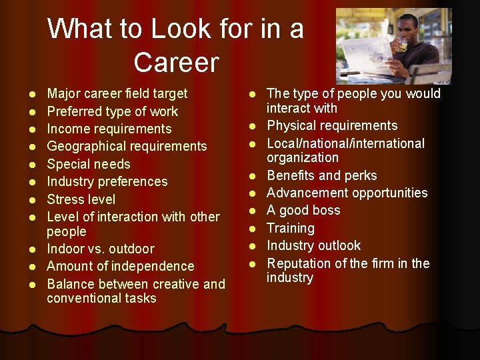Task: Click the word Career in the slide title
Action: pos(176,63)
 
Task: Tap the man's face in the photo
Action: pos(408,30)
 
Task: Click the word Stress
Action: pos(63,199)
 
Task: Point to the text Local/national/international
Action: pos(345,143)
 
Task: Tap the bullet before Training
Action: pos(254,229)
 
